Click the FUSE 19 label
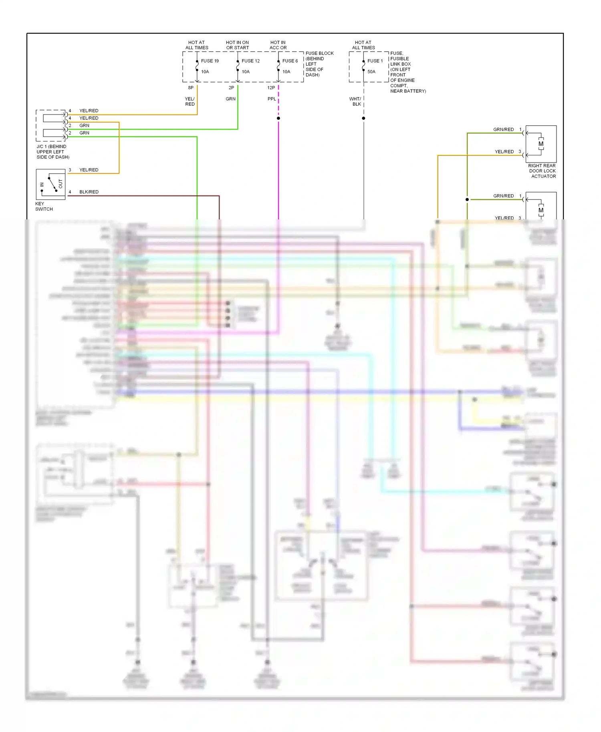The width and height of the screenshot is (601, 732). [x=210, y=61]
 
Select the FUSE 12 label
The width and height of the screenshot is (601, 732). [x=250, y=61]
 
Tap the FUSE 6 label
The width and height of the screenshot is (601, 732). [x=290, y=61]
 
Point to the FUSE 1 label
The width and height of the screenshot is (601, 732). [x=375, y=61]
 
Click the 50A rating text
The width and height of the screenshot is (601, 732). [x=371, y=72]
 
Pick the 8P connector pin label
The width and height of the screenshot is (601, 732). [x=191, y=88]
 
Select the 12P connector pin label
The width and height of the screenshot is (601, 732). [x=271, y=88]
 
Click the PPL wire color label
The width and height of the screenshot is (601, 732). [x=272, y=99]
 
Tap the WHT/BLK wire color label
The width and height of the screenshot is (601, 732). [x=355, y=101]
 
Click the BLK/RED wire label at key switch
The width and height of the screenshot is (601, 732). [x=89, y=192]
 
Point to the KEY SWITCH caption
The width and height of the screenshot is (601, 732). [x=44, y=206]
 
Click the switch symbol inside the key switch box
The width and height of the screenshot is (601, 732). [x=51, y=184]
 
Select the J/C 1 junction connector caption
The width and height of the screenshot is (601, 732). [x=52, y=152]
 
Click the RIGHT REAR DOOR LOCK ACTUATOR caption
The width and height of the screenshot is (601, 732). [x=542, y=171]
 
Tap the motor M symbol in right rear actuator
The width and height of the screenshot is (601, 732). [x=541, y=144]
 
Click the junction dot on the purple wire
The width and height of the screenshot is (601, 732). [x=278, y=118]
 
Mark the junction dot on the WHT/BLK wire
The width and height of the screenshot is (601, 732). [x=363, y=118]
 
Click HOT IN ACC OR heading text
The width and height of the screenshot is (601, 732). [x=278, y=45]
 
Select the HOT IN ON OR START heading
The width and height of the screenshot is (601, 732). [x=237, y=45]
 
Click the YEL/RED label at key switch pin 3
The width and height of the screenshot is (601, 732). [x=89, y=170]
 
